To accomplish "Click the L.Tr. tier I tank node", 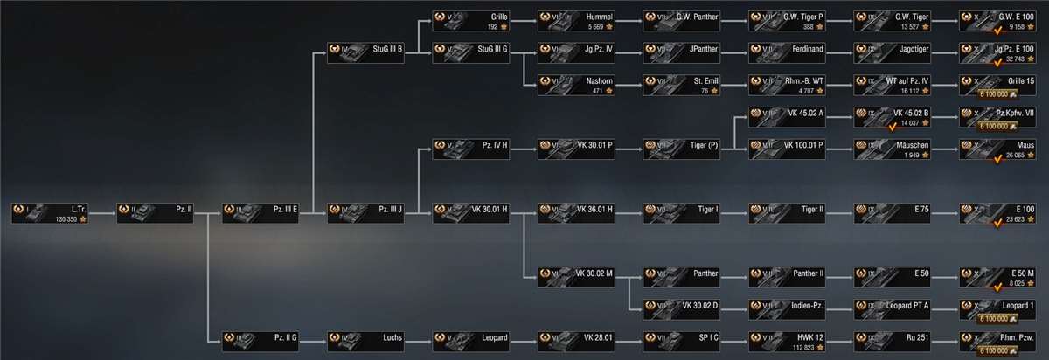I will coord(51,212).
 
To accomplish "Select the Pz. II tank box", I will coord(156,212).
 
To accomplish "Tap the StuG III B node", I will coord(366,55).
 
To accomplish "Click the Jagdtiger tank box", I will coord(893,55).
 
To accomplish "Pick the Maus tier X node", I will coord(997,149).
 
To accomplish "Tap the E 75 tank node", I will coord(893,212).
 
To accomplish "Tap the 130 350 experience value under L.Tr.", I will coord(66,218).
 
